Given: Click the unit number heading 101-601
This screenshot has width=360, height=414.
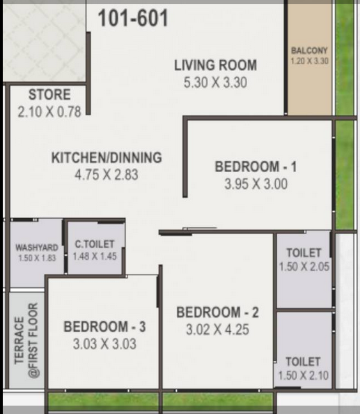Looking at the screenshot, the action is tap(133, 18).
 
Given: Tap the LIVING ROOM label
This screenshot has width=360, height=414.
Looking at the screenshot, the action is tap(215, 66).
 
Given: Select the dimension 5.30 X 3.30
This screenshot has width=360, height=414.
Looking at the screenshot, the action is tap(215, 82).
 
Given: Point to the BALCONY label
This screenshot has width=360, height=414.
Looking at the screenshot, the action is tap(309, 50).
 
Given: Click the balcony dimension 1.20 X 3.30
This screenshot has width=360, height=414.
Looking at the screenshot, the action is tap(309, 61).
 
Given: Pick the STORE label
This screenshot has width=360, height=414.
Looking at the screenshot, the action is tap(49, 95).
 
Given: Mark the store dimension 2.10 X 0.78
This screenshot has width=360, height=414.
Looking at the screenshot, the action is tap(49, 112).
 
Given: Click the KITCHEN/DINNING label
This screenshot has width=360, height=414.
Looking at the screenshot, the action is tap(107, 158).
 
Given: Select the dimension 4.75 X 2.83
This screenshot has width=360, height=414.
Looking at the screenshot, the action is tap(107, 175).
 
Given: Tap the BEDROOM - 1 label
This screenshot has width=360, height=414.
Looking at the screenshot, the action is tap(256, 167).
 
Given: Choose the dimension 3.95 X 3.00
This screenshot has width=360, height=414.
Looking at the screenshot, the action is tap(256, 184).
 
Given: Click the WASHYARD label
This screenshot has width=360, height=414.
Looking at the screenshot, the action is tap(37, 247).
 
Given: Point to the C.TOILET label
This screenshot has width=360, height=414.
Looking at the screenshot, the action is tap(95, 244).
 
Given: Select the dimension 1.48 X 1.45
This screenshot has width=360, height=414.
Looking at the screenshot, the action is tap(95, 256).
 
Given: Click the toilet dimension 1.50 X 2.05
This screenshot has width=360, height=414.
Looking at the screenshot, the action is tap(304, 267).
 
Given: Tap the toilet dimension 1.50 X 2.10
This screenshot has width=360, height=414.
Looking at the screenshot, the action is tap(304, 376).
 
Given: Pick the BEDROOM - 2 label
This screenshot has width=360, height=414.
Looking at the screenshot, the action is tap(217, 312).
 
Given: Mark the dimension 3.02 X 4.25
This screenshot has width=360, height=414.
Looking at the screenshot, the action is tap(217, 330).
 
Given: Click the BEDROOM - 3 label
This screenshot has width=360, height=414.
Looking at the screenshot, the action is tap(104, 327).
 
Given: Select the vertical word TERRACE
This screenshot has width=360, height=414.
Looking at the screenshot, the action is tap(19, 341).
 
